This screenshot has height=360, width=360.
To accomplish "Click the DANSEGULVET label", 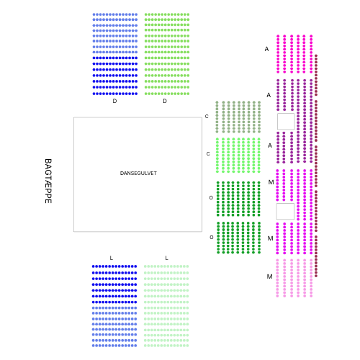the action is click(138, 174).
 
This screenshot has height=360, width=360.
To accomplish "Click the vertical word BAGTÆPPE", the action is click(48, 181).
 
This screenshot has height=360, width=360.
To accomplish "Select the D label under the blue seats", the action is click(114, 101).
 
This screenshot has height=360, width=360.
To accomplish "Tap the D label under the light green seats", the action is click(165, 101).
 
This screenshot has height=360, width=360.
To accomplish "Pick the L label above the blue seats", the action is click(111, 258).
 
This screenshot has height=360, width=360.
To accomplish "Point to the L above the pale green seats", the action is click(166, 258).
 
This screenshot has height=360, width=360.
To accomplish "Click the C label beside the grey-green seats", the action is click(207, 117).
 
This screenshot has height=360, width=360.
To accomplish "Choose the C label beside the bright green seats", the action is click(208, 154).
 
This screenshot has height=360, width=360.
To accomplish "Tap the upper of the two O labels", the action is click(211, 198).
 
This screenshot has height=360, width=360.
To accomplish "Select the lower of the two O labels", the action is click(212, 238).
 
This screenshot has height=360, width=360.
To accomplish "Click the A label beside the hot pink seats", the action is click(266, 49).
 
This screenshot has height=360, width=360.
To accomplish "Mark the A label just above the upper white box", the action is click(269, 95).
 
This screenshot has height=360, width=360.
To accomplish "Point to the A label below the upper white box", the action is click(270, 145).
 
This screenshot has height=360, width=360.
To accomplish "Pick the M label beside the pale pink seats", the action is click(269, 276).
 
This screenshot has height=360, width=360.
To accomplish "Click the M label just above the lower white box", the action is click(271, 182).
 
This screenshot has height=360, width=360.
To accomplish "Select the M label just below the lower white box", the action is click(270, 238).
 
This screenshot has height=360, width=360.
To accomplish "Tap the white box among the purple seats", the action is click(286, 122).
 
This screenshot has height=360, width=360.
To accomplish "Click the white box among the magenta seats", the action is click(285, 212).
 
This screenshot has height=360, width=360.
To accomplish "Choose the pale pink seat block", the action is click(294, 278).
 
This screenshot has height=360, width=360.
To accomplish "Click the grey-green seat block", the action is click(238, 117).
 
